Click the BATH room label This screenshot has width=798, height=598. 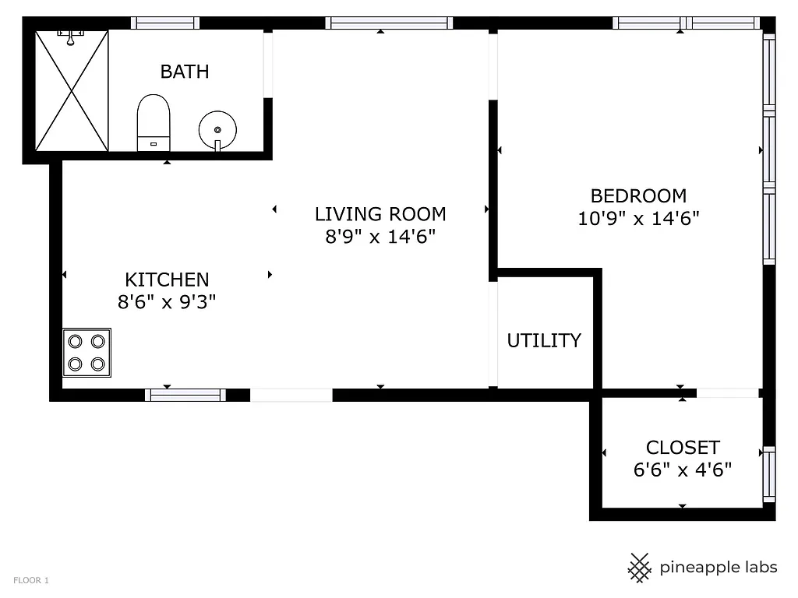(185, 72)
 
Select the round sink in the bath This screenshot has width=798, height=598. (217, 129)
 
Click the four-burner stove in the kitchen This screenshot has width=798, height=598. (87, 353)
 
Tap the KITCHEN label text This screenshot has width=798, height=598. (167, 280)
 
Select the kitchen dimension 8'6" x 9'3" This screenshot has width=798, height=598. (167, 302)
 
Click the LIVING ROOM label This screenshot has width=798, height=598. (380, 214)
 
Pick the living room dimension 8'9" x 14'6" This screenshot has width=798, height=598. (380, 236)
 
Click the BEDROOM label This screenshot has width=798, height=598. (638, 196)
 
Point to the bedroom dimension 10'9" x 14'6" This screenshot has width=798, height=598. (638, 219)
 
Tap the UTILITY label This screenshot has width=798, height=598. (544, 340)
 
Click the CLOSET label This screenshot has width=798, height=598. (683, 448)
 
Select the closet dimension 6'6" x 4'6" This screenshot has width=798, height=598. (683, 470)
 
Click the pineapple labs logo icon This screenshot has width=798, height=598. (640, 568)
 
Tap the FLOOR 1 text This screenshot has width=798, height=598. (31, 580)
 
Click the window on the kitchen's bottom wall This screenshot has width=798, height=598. (185, 395)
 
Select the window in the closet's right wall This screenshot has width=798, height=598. (769, 473)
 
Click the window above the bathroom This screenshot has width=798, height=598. (164, 23)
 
